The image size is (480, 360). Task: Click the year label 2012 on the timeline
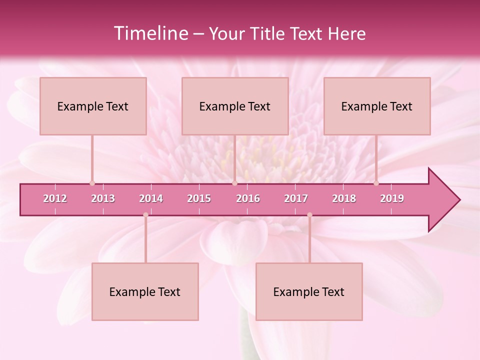[55, 198]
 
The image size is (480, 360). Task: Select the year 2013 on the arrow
[103, 198]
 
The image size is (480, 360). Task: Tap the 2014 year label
[151, 198]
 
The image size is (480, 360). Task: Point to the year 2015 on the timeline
[199, 198]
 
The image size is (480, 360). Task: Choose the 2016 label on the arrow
[248, 198]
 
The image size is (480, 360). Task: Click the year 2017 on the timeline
[296, 198]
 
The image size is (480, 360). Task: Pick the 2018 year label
[344, 198]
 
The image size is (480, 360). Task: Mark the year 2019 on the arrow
[392, 198]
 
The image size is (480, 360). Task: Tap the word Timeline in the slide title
[150, 33]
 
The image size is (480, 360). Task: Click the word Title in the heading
[268, 33]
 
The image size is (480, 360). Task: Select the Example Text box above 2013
[93, 106]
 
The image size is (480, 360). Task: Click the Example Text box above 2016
[235, 106]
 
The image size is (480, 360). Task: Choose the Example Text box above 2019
[377, 106]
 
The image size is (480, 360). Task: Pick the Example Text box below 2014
[145, 291]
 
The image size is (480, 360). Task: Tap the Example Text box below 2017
[309, 291]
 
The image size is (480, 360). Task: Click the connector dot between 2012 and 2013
[92, 183]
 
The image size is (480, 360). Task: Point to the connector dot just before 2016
[234, 183]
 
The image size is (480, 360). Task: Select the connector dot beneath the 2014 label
[145, 215]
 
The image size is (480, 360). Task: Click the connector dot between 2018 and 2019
[376, 183]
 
